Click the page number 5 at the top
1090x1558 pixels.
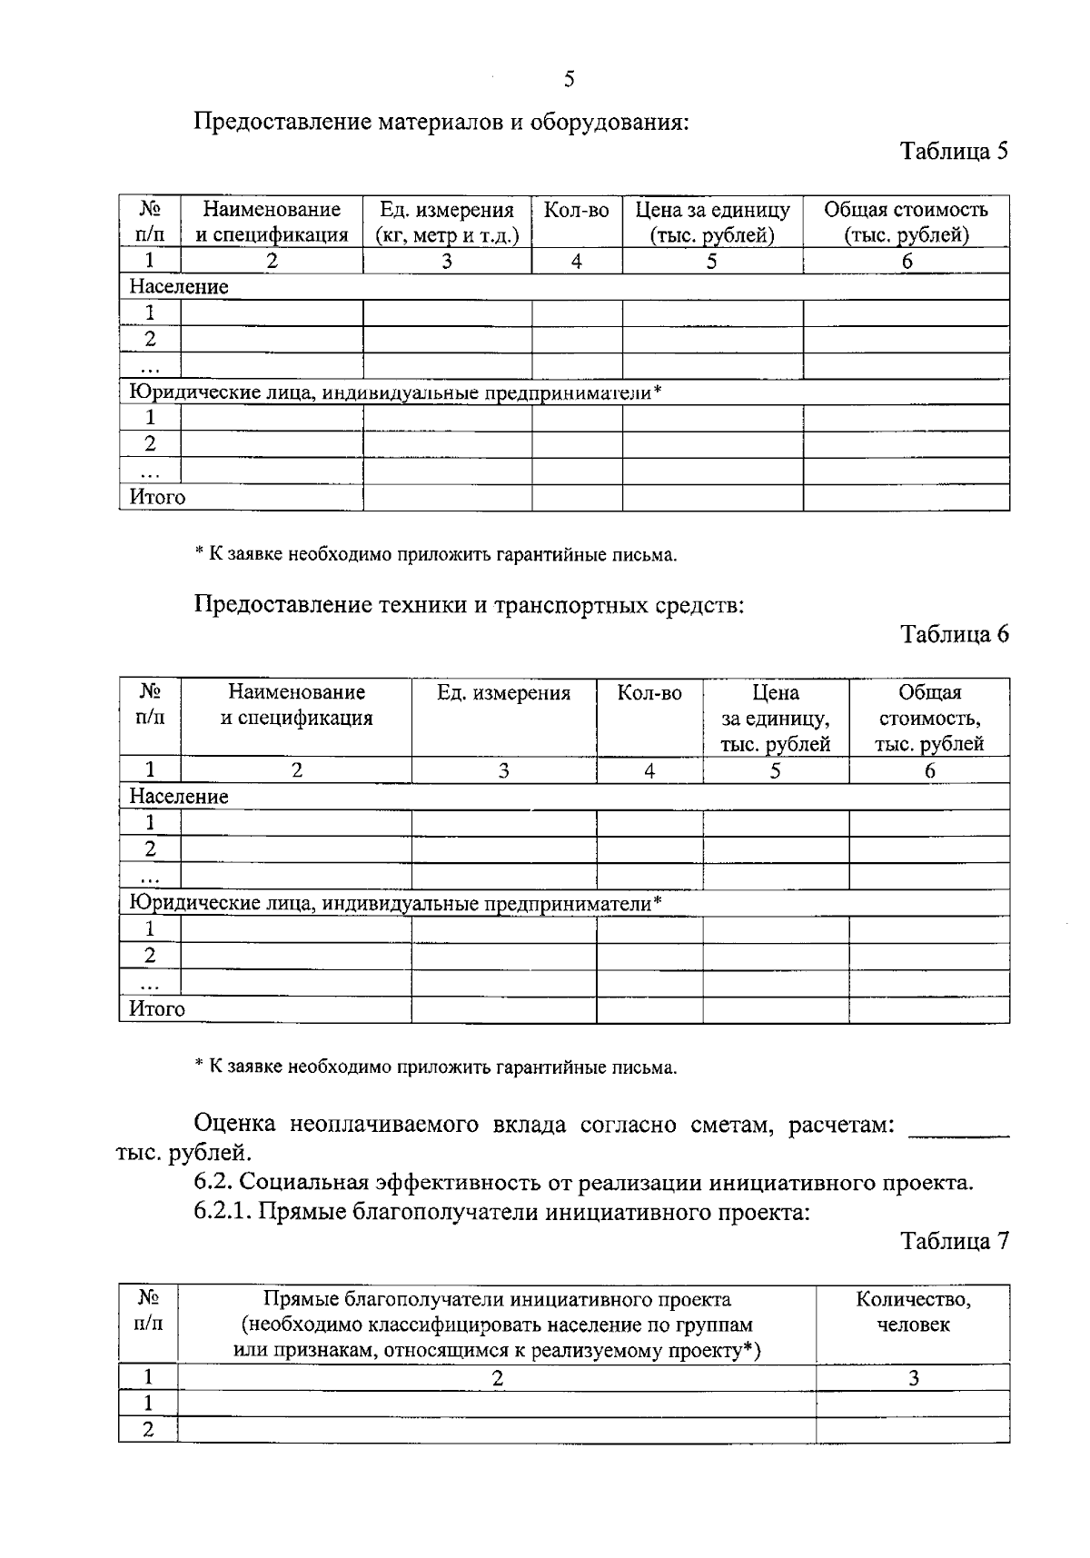click(x=570, y=80)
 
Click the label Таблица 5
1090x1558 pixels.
click(x=954, y=151)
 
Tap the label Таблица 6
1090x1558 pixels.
click(x=954, y=634)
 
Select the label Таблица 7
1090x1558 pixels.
click(x=954, y=1241)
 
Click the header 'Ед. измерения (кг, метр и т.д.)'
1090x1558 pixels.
click(x=447, y=223)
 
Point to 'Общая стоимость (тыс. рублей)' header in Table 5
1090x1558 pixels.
click(x=906, y=223)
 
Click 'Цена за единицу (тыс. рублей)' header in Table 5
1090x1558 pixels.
click(x=712, y=223)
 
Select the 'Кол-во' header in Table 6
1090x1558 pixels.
click(x=649, y=693)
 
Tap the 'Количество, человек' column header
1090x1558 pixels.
click(x=913, y=1312)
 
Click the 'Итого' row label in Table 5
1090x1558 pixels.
click(x=157, y=498)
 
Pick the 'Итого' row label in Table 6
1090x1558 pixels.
click(x=157, y=1009)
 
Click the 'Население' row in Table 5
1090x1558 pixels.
click(x=179, y=287)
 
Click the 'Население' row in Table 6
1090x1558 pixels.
click(x=179, y=797)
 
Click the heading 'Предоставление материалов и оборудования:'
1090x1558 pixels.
click(x=441, y=122)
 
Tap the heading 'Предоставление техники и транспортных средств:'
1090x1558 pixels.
click(x=469, y=605)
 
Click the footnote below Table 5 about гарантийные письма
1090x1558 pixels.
click(x=436, y=555)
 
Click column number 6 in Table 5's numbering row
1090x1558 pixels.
click(x=906, y=262)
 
